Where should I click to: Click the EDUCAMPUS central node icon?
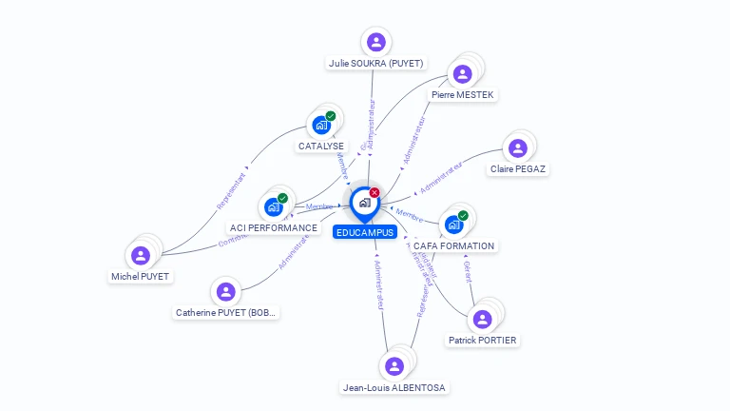pyautogui.click(x=364, y=203)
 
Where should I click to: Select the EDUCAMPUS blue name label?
pyautogui.click(x=365, y=232)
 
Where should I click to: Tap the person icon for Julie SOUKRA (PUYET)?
pyautogui.click(x=376, y=42)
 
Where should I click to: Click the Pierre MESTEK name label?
pyautogui.click(x=463, y=95)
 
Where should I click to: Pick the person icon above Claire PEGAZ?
pyautogui.click(x=518, y=148)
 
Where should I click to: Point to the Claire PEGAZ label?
pyautogui.click(x=518, y=169)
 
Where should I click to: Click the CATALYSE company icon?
pyautogui.click(x=322, y=125)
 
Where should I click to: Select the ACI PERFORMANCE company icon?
pyautogui.click(x=274, y=206)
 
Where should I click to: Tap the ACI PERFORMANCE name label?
pyautogui.click(x=274, y=228)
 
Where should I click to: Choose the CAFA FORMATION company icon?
pyautogui.click(x=453, y=225)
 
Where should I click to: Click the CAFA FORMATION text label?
pyautogui.click(x=454, y=245)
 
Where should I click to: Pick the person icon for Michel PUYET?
pyautogui.click(x=141, y=255)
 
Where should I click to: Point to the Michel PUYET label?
pyautogui.click(x=140, y=276)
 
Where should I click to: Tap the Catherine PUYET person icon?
pyautogui.click(x=225, y=291)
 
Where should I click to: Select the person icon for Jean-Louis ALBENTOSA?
pyautogui.click(x=394, y=366)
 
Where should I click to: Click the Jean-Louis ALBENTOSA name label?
pyautogui.click(x=394, y=387)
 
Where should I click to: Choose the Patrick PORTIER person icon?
pyautogui.click(x=483, y=319)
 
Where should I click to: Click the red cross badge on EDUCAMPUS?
pyautogui.click(x=375, y=193)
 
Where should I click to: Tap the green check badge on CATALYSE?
pyautogui.click(x=331, y=116)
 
